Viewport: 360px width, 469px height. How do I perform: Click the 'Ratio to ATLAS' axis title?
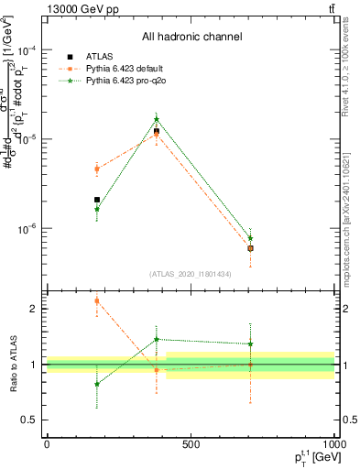click(10, 364)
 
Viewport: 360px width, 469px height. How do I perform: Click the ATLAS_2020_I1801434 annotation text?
click(191, 274)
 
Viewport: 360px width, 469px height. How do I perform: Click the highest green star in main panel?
click(157, 119)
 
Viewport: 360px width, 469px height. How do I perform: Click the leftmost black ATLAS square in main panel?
click(97, 200)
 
